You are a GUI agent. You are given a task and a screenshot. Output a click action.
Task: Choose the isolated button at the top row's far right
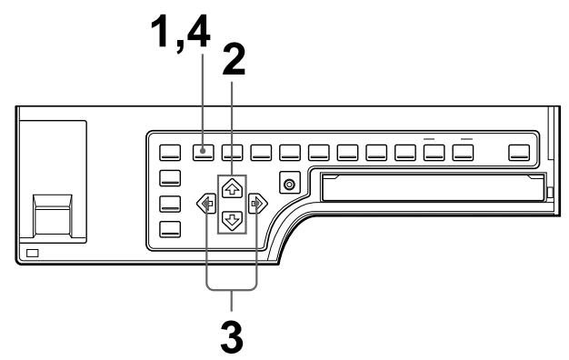[x=519, y=152]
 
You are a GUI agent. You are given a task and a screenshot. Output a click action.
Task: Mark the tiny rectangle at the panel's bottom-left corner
[x=33, y=251]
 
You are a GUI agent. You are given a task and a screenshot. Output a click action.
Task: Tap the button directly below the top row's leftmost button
[x=171, y=178]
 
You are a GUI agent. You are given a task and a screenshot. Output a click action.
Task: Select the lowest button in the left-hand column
[x=171, y=228]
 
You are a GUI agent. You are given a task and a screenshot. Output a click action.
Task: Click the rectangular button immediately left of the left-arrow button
[x=171, y=204]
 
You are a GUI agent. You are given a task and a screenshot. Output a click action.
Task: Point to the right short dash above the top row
[x=467, y=137]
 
